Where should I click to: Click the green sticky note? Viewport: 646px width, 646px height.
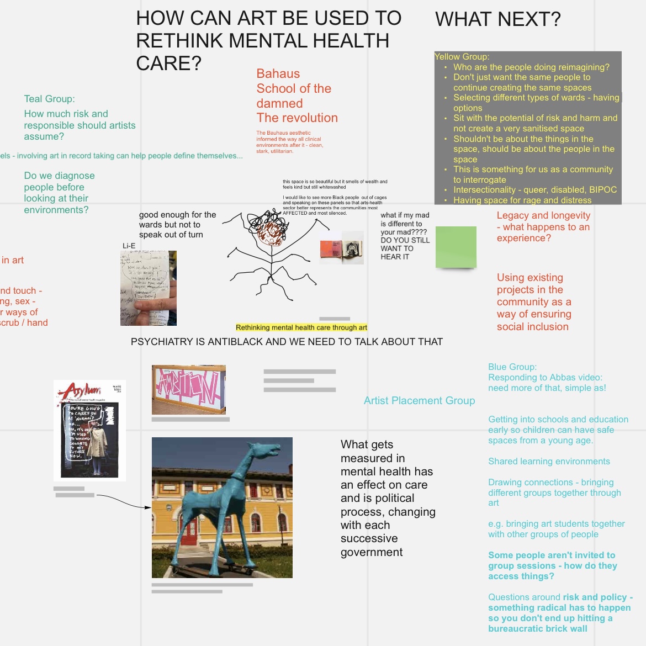tap(456, 247)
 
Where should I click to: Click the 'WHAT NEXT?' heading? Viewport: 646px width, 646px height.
tap(497, 19)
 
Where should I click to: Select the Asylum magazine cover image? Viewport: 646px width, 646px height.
tap(89, 430)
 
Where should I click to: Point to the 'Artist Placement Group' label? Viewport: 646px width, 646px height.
tap(419, 401)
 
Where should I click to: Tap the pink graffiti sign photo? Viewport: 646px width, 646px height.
tap(188, 389)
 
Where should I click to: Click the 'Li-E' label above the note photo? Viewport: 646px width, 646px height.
tap(129, 246)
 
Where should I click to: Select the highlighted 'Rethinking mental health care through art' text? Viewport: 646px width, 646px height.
tap(301, 327)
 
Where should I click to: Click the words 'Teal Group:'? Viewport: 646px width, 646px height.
tap(49, 99)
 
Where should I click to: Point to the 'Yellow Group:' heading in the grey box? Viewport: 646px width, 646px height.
tap(462, 56)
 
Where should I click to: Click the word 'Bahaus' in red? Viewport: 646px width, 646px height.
tap(278, 74)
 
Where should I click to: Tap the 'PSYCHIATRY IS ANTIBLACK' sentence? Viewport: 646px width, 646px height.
tap(287, 342)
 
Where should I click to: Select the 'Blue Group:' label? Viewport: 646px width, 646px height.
tap(512, 367)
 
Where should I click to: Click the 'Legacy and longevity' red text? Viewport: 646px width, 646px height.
tap(543, 216)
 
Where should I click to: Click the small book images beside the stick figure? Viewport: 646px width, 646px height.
tap(342, 248)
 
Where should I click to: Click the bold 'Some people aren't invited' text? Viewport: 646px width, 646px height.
tap(552, 555)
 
